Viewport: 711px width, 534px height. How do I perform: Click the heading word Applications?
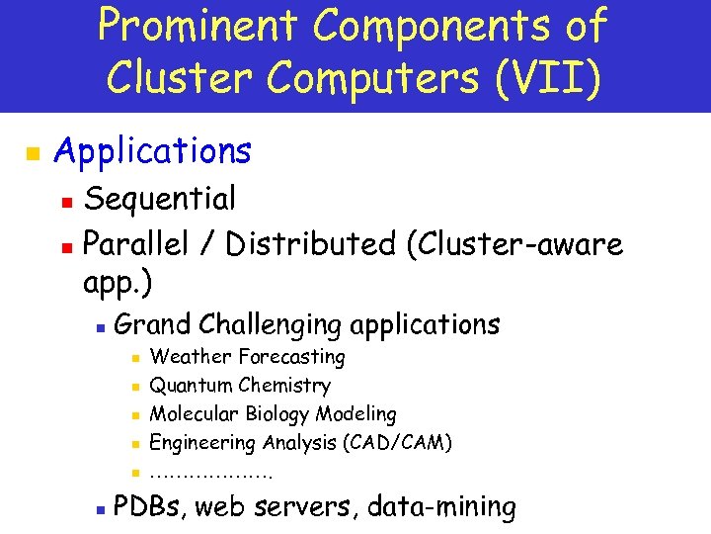point(153,151)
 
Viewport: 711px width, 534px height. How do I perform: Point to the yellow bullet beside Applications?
point(31,154)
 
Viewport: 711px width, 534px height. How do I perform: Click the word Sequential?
point(160,199)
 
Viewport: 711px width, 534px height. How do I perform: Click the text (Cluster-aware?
point(514,243)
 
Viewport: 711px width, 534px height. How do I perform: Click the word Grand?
point(153,324)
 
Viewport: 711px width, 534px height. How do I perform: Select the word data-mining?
point(441,507)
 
